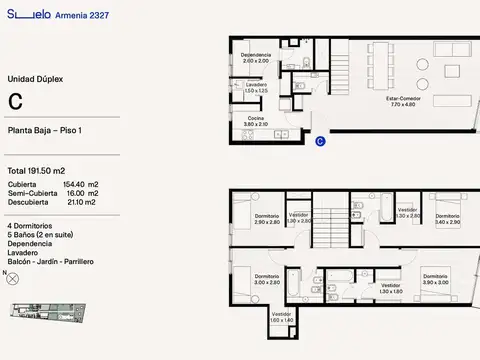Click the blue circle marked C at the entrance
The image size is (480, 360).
coord(319,142)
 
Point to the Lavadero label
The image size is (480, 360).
coord(257,87)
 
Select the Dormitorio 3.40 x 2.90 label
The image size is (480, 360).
coord(447,218)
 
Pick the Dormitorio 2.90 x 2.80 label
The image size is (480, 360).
coord(267,218)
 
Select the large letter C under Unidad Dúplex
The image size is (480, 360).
coord(16,101)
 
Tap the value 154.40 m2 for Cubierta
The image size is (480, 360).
coord(81,185)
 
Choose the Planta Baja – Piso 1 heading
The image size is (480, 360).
coord(45,131)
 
